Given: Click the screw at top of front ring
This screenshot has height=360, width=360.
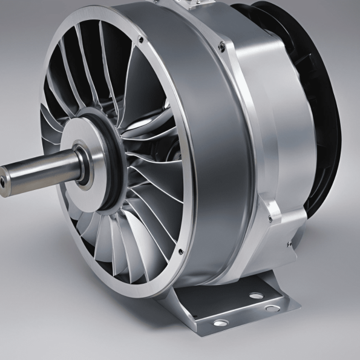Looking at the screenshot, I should (140, 41).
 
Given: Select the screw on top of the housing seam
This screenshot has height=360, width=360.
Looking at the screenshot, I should (223, 45).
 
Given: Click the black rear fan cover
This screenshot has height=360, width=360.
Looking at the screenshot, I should (321, 109).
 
